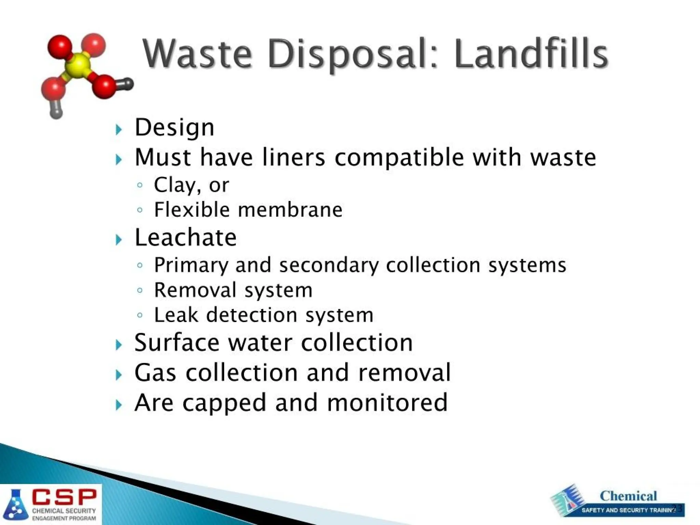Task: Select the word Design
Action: [175, 128]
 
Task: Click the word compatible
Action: [399, 158]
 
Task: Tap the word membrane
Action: [290, 210]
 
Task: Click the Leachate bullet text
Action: [186, 238]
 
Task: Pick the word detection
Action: [252, 315]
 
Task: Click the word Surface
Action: [177, 343]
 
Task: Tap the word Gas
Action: [156, 373]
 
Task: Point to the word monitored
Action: [387, 403]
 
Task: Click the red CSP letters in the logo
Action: [64, 497]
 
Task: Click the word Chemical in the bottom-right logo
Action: [628, 496]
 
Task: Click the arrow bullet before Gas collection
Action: [119, 375]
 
